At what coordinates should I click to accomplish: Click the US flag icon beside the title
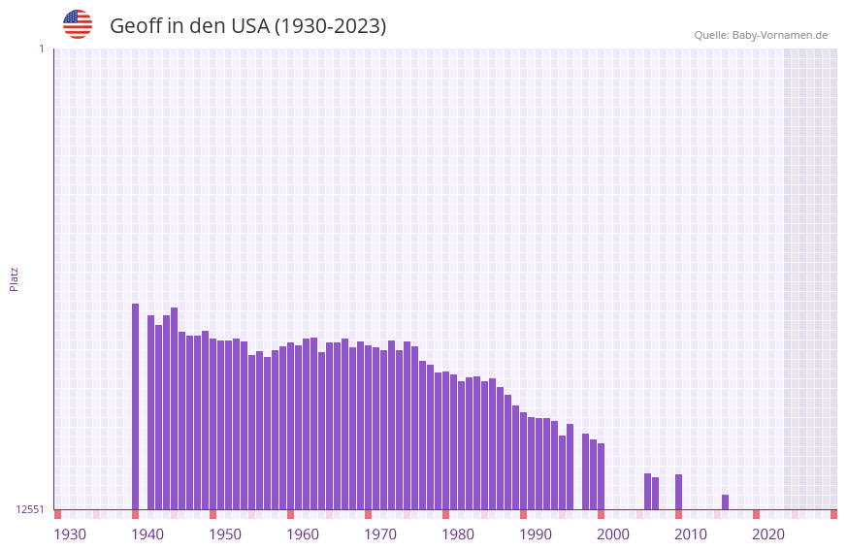(78, 24)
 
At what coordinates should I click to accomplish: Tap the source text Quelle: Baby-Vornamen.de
(761, 35)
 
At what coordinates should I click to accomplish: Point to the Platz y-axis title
(14, 278)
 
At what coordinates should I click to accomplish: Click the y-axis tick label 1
(41, 49)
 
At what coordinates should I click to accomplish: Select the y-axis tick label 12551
(30, 509)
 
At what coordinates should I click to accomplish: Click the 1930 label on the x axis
(70, 534)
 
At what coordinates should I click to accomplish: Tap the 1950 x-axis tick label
(225, 534)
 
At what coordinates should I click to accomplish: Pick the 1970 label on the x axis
(380, 534)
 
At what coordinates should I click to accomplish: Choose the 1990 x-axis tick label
(536, 534)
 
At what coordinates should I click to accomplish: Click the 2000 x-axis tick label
(613, 534)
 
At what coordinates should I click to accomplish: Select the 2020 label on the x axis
(768, 534)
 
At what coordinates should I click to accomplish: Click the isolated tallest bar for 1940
(136, 406)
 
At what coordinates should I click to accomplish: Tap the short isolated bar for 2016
(725, 501)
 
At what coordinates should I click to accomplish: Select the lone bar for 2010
(678, 492)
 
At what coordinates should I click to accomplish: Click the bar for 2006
(647, 491)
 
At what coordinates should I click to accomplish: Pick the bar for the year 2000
(601, 476)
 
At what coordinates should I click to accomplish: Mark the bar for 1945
(174, 408)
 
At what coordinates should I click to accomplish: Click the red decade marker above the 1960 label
(290, 514)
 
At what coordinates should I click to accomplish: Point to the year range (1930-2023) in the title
(330, 26)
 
